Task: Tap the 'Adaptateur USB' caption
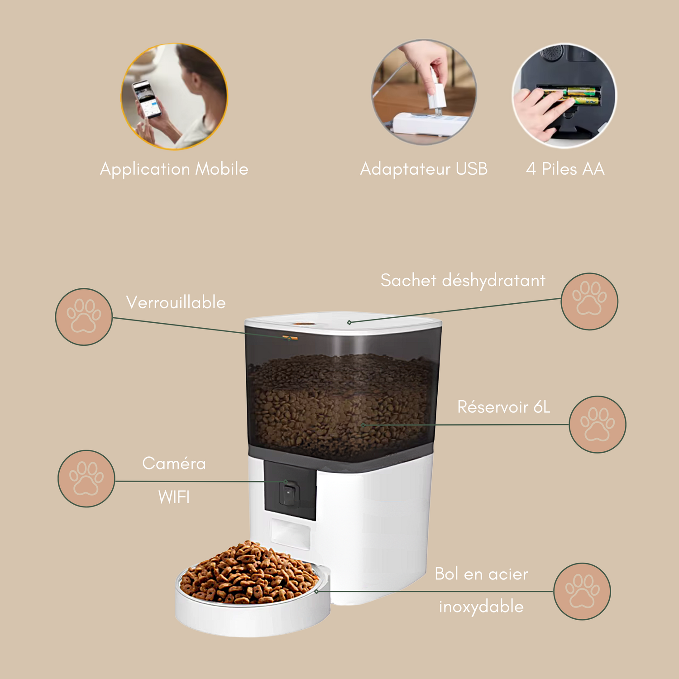click(424, 169)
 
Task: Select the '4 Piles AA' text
click(565, 169)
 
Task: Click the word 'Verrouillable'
click(176, 302)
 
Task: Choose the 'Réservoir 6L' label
click(504, 407)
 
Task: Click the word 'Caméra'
click(174, 463)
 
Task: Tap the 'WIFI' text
click(174, 497)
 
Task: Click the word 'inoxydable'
click(481, 607)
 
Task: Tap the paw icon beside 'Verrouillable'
click(84, 317)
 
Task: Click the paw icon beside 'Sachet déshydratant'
click(589, 301)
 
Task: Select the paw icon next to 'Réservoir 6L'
click(598, 424)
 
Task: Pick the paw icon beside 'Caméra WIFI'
click(86, 478)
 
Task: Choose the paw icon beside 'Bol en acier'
click(582, 591)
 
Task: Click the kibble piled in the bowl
click(250, 573)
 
